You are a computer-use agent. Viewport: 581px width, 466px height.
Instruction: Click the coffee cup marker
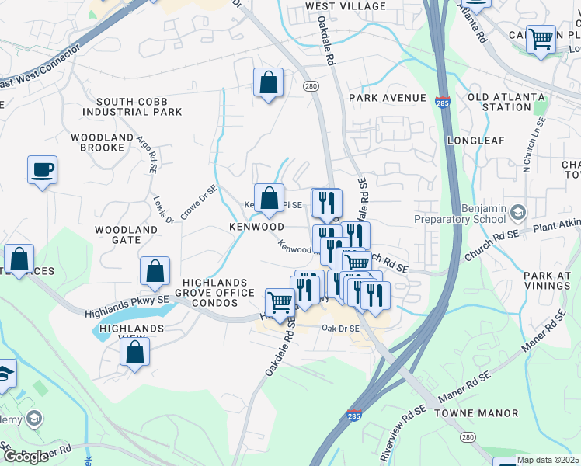(x=42, y=169)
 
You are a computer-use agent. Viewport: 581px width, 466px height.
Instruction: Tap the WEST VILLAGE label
(x=346, y=6)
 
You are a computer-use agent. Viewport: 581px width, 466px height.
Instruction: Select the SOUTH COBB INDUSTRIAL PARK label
(x=139, y=107)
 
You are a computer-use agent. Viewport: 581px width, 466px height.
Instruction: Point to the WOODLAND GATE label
(x=127, y=235)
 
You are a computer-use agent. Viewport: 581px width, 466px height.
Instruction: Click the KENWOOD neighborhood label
(x=256, y=227)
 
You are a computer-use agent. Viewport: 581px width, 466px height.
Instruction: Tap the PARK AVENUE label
(x=388, y=98)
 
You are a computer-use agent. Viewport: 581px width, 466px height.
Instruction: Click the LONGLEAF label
(x=476, y=141)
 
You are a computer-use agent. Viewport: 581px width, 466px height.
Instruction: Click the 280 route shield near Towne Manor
(x=468, y=438)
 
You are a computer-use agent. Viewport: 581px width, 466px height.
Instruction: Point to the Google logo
(x=26, y=457)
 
